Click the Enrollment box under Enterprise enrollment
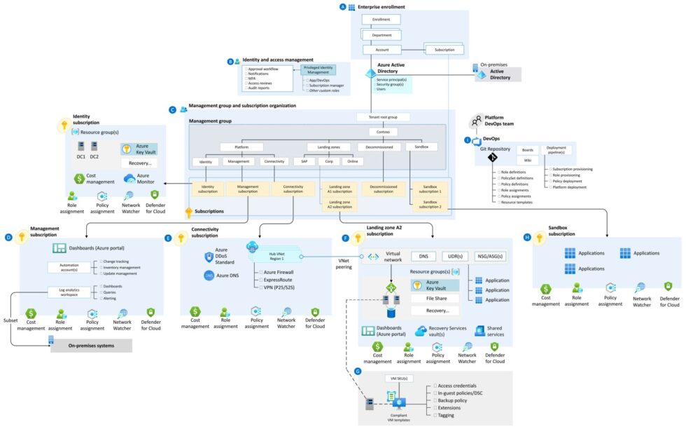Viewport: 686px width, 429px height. point(381,20)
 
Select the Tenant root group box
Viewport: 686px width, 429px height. point(383,117)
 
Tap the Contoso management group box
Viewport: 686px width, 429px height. point(383,131)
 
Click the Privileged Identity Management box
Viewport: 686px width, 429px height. point(318,69)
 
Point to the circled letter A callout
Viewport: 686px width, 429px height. point(342,6)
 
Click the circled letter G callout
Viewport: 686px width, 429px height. point(358,370)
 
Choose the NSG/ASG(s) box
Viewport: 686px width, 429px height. point(491,257)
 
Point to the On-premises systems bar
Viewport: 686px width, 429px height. point(91,346)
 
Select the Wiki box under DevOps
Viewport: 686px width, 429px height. point(527,161)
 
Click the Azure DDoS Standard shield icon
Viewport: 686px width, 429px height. point(208,257)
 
